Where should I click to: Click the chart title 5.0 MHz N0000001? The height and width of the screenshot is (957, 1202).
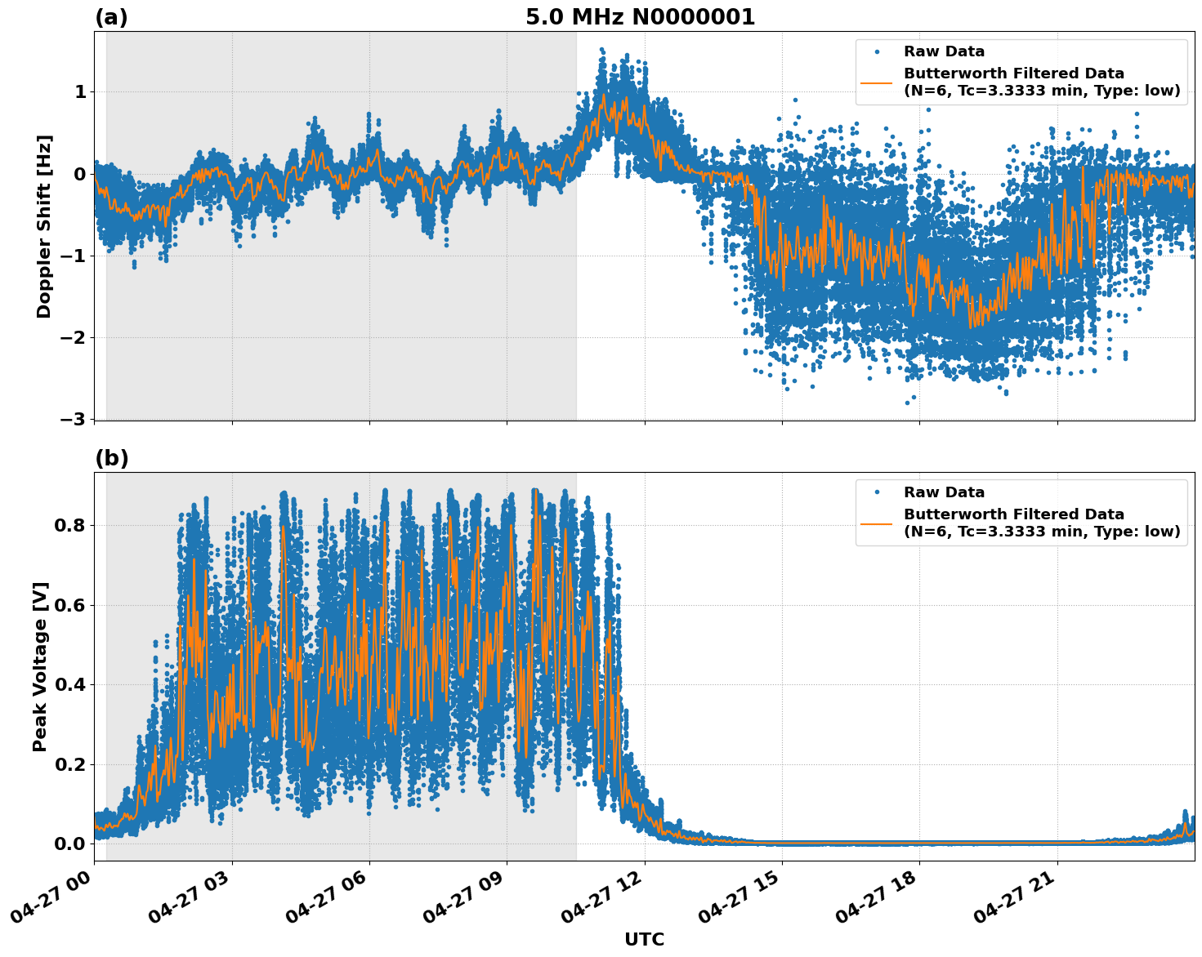[x=640, y=17]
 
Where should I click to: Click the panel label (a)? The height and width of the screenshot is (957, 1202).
[x=111, y=17]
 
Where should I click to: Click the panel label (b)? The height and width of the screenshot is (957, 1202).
[x=111, y=458]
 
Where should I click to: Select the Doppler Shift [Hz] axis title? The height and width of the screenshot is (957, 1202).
[x=44, y=226]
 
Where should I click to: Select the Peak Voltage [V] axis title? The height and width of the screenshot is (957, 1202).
[x=40, y=666]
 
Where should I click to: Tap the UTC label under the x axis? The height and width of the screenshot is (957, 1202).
[x=644, y=939]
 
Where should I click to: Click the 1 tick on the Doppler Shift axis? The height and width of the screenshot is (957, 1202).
[x=80, y=91]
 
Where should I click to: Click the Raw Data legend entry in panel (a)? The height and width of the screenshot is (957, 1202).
[x=944, y=51]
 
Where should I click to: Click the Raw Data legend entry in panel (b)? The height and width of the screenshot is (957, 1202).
[x=944, y=492]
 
